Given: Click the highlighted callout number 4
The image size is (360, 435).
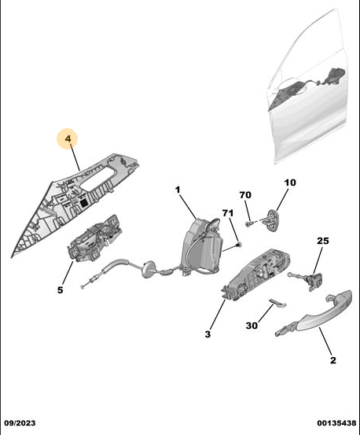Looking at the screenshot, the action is pos(68,138).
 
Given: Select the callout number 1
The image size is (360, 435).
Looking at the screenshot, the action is pos(178,190).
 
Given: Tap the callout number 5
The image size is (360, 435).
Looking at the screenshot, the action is pos(61,290).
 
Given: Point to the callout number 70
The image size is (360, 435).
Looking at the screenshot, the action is pos(245,195).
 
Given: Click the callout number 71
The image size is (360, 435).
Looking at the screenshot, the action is pos(228,213).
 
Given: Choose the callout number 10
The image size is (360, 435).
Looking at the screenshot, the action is pos(290,182).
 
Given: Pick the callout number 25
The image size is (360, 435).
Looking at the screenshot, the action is pos(323,241).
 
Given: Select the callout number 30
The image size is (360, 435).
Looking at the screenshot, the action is pos(252,326).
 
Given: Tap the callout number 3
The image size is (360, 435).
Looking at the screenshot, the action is pos(208,334).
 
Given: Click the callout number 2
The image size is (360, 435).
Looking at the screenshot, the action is pos(332,360).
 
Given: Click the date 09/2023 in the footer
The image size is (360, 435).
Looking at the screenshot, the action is pos(20,423).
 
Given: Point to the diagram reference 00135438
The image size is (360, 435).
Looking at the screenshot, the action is pos(336,423).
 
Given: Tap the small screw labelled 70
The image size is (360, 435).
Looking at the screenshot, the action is pos(249,223).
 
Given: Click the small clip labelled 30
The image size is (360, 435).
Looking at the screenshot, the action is pos(277,303).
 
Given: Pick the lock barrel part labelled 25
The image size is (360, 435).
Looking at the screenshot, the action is pos(309,280).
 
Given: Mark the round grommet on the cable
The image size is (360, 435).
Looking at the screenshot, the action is pos(149,269).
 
